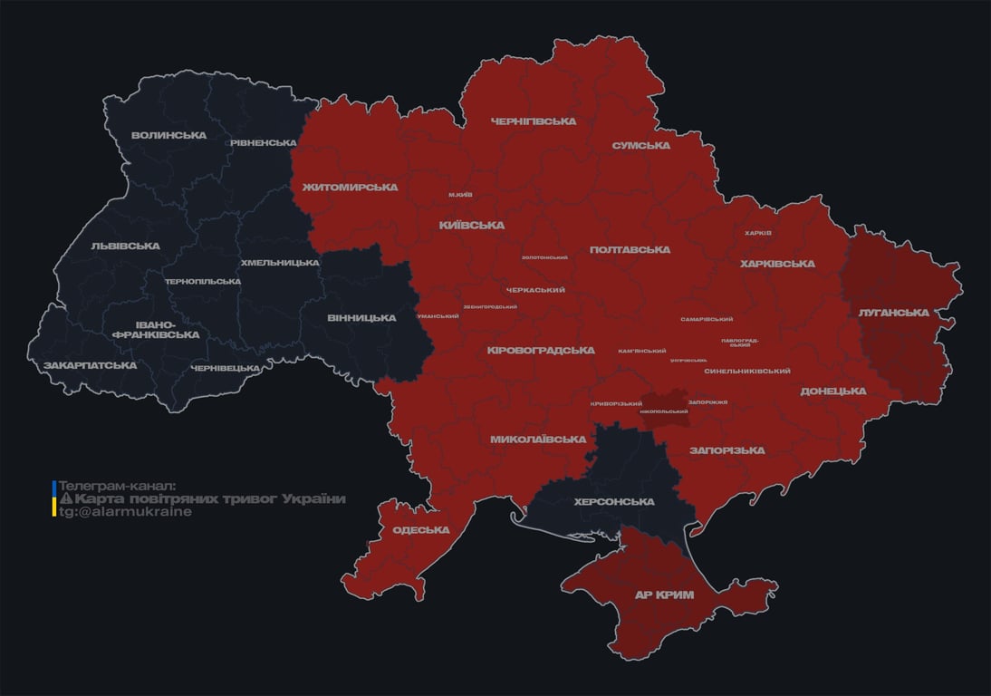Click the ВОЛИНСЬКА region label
pos(168,135)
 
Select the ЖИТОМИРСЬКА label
pos(350,187)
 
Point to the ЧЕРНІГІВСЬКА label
pos(534,121)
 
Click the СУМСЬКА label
pos(641,145)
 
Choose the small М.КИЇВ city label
pos(460,195)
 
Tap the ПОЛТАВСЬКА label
pos(630,249)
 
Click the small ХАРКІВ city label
pos(758,233)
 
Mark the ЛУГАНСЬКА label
pos(894,313)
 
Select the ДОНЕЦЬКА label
pos(833,391)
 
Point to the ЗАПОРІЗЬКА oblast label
pos(726,449)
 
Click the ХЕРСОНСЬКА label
pos(614,501)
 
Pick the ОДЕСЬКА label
pos(421,529)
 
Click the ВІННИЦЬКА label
pos(361,317)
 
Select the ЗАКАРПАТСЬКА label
pos(91,365)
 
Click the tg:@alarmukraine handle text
pos(125,512)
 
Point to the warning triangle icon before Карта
pos(66,498)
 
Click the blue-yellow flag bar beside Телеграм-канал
pos(54,498)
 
